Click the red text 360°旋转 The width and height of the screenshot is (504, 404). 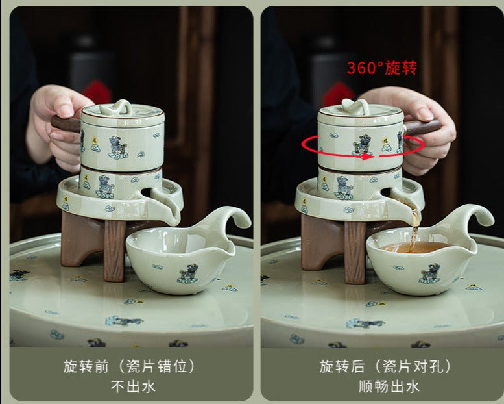pyautogui.click(x=382, y=68)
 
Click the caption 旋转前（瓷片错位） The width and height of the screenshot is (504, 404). pyautogui.click(x=129, y=366)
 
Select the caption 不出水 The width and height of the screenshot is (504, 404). pyautogui.click(x=133, y=386)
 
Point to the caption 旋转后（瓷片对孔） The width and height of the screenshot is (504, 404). pyautogui.click(x=385, y=366)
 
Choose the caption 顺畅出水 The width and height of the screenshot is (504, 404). pyautogui.click(x=389, y=386)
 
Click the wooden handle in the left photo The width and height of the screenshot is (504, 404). pyautogui.click(x=66, y=123)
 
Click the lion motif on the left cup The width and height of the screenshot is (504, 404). pyautogui.click(x=187, y=274)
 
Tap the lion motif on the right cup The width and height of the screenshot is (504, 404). pyautogui.click(x=430, y=273)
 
